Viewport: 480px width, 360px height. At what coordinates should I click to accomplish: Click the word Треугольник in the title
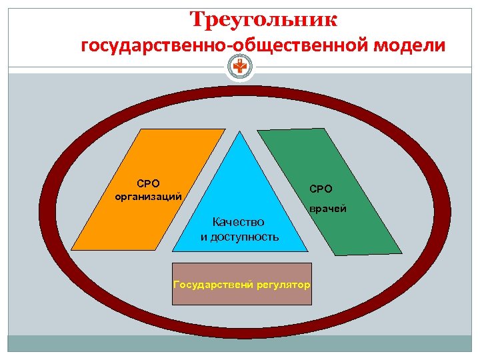click(x=263, y=19)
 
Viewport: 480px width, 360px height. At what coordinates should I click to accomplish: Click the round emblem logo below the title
click(x=239, y=67)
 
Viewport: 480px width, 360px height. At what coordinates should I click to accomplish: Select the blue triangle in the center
click(x=240, y=193)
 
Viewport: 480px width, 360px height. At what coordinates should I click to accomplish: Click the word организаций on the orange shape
click(x=148, y=196)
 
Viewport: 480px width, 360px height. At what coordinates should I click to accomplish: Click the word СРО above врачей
click(x=320, y=189)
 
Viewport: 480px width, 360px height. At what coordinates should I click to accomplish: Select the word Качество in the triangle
click(x=238, y=222)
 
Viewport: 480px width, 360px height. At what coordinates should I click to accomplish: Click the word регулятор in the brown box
click(x=283, y=285)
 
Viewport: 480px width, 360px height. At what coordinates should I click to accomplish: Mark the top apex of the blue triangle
click(x=240, y=131)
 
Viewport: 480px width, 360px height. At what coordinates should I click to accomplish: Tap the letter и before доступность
click(x=205, y=237)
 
